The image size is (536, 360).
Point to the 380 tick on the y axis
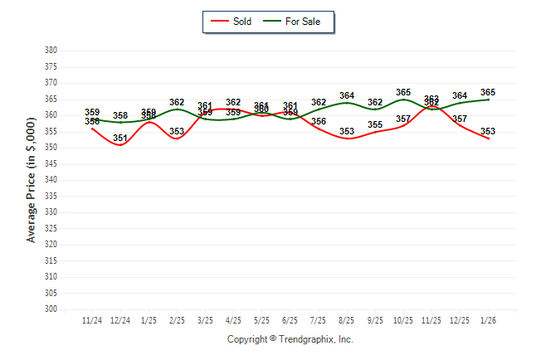click(51, 51)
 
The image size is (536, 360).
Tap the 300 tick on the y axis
click(51, 309)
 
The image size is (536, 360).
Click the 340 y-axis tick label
click(51, 180)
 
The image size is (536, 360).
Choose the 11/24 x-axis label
click(92, 321)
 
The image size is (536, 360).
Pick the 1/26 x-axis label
click(488, 321)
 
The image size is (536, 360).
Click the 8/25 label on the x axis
click(347, 321)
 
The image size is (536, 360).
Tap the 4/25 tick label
click(233, 321)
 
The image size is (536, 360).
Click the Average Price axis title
click(32, 180)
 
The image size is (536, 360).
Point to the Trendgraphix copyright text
click(290, 339)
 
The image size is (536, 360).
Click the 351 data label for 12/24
click(120, 138)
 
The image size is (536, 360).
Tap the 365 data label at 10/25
click(403, 93)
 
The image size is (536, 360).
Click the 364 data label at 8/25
click(347, 96)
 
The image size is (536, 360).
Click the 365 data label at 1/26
click(488, 93)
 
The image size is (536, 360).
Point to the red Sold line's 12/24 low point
click(120, 144)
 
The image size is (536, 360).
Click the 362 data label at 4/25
click(233, 103)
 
